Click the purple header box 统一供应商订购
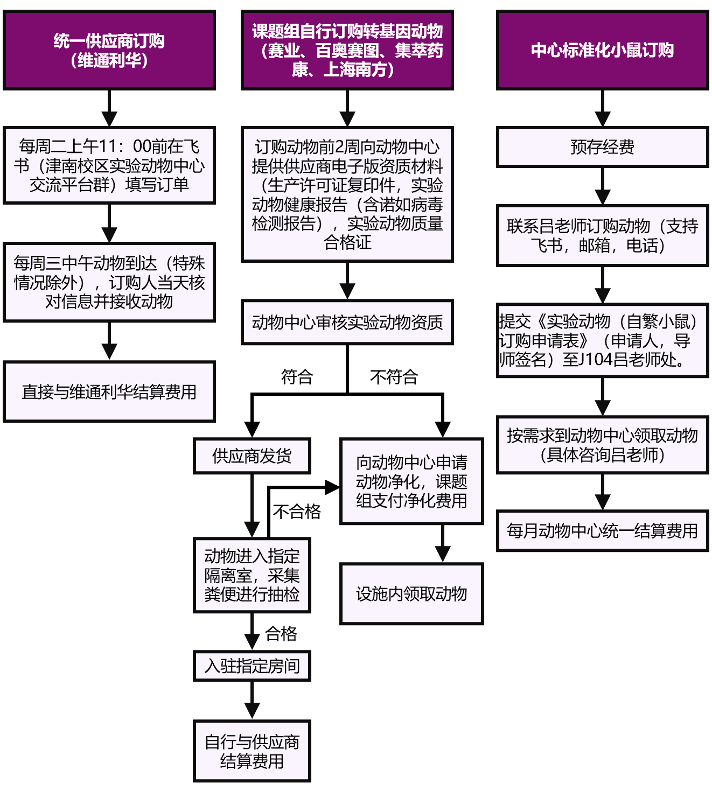(x=109, y=50)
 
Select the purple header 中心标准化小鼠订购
(x=602, y=50)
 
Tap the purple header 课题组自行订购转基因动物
(x=347, y=50)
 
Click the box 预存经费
(x=602, y=147)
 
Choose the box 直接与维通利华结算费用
(x=109, y=391)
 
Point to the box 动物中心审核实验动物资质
(x=347, y=323)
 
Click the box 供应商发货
(x=252, y=456)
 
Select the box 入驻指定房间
(x=252, y=666)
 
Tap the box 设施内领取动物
(x=411, y=594)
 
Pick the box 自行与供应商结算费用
(x=252, y=751)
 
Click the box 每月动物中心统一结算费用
(x=602, y=531)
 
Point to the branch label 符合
(x=297, y=376)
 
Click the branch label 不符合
(x=394, y=376)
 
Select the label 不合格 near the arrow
(x=297, y=511)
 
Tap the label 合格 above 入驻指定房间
(x=281, y=634)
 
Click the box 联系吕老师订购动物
(x=602, y=235)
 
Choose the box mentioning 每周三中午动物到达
(x=109, y=282)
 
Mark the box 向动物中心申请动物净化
(x=411, y=481)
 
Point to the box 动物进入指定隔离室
(x=252, y=575)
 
